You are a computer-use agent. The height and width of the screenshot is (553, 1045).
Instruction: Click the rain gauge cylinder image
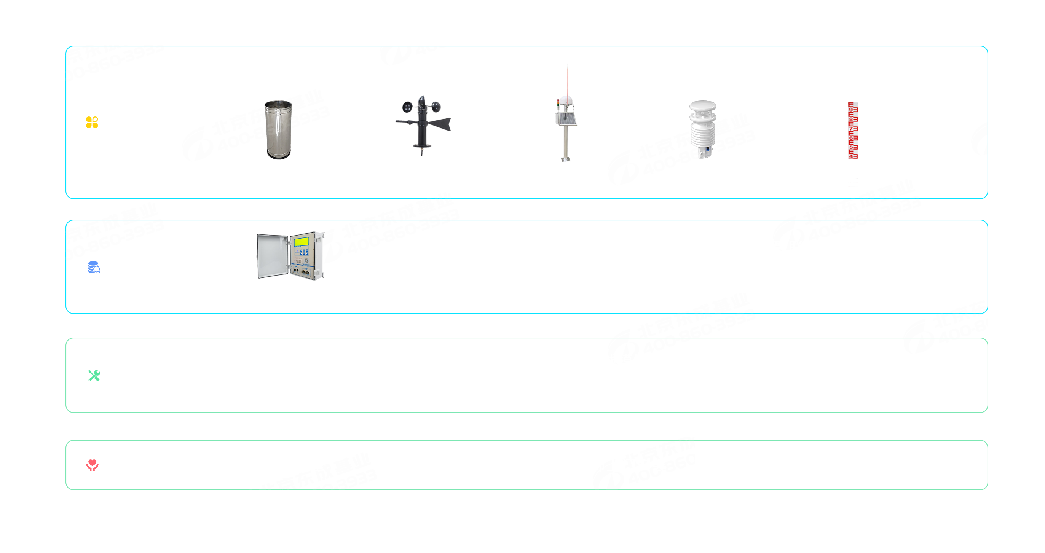(x=278, y=129)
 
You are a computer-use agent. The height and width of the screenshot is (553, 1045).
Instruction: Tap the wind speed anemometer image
(x=423, y=126)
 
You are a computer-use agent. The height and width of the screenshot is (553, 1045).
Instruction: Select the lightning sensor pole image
(x=566, y=113)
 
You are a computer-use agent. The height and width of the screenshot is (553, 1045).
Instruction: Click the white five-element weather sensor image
(x=703, y=129)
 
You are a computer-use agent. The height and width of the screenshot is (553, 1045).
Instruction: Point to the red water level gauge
(x=853, y=131)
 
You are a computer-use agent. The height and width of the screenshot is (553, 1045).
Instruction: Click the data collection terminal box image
(x=290, y=255)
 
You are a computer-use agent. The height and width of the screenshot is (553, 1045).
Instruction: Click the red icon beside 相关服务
(x=93, y=465)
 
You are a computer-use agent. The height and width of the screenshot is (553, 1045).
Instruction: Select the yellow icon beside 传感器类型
(x=92, y=122)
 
